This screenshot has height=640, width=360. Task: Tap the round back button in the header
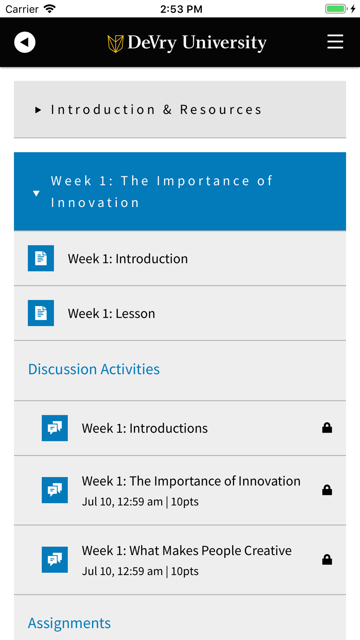pos(25,42)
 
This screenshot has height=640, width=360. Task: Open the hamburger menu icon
pos(335,42)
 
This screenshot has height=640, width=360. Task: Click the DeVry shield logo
pos(116,44)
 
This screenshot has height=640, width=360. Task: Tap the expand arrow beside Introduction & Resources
pos(38,110)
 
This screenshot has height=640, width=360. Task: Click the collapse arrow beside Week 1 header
pos(36,193)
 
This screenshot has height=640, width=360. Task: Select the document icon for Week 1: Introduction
pos(41,258)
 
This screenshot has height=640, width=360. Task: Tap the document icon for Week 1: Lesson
pos(41,313)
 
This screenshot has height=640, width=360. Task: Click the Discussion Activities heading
pos(94,369)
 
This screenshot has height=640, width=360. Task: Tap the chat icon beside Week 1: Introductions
pos(55,428)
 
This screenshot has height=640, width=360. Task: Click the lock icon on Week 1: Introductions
pos(327,428)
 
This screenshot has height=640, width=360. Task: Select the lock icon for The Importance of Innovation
pos(327,490)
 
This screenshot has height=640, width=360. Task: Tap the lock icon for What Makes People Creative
pos(327,559)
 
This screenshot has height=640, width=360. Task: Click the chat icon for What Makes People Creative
pos(55,560)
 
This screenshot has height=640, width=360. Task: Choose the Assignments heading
pos(69,623)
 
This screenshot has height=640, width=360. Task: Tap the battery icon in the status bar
pos(336,9)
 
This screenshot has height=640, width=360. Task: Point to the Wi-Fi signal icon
pos(50,9)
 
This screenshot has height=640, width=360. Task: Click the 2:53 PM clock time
pos(181,9)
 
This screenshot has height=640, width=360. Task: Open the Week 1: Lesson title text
pos(112,314)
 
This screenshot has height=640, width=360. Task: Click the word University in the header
pos(224,43)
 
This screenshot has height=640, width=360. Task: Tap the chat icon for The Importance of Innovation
pos(55,490)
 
